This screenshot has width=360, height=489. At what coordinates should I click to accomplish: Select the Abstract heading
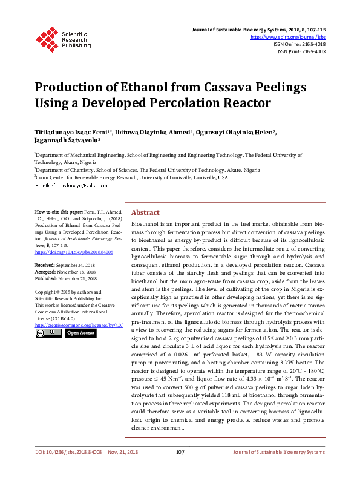click(x=145, y=213)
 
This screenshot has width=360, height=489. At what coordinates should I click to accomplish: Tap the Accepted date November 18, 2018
click(x=83, y=272)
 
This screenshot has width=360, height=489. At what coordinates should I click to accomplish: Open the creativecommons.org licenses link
click(x=78, y=326)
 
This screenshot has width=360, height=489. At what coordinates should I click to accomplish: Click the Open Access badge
click(x=80, y=333)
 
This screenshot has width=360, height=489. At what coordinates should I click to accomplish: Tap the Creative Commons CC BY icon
click(x=48, y=333)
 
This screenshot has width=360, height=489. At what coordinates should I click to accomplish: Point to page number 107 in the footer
click(x=180, y=470)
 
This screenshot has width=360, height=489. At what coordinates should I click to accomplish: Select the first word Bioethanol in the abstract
click(x=146, y=224)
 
